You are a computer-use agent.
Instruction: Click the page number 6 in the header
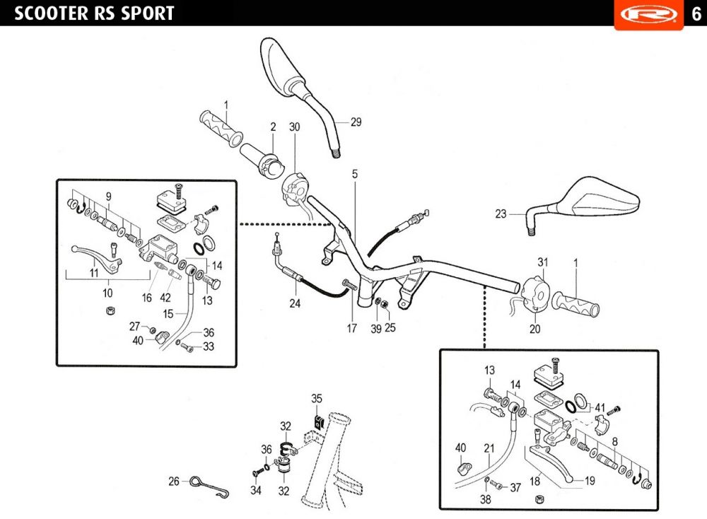[x=694, y=14]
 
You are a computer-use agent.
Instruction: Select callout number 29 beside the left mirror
[x=356, y=122]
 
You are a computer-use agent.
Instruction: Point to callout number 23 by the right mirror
[x=501, y=214]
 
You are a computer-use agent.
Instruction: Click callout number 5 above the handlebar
[x=355, y=173]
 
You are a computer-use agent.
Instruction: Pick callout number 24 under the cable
[x=294, y=304]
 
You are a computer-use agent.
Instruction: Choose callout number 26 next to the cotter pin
[x=174, y=482]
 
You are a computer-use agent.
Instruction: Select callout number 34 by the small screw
[x=256, y=490]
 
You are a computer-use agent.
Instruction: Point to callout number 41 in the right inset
[x=600, y=407]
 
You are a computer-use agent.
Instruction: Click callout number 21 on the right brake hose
[x=489, y=447]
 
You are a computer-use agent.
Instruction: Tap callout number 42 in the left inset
[x=165, y=298]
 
